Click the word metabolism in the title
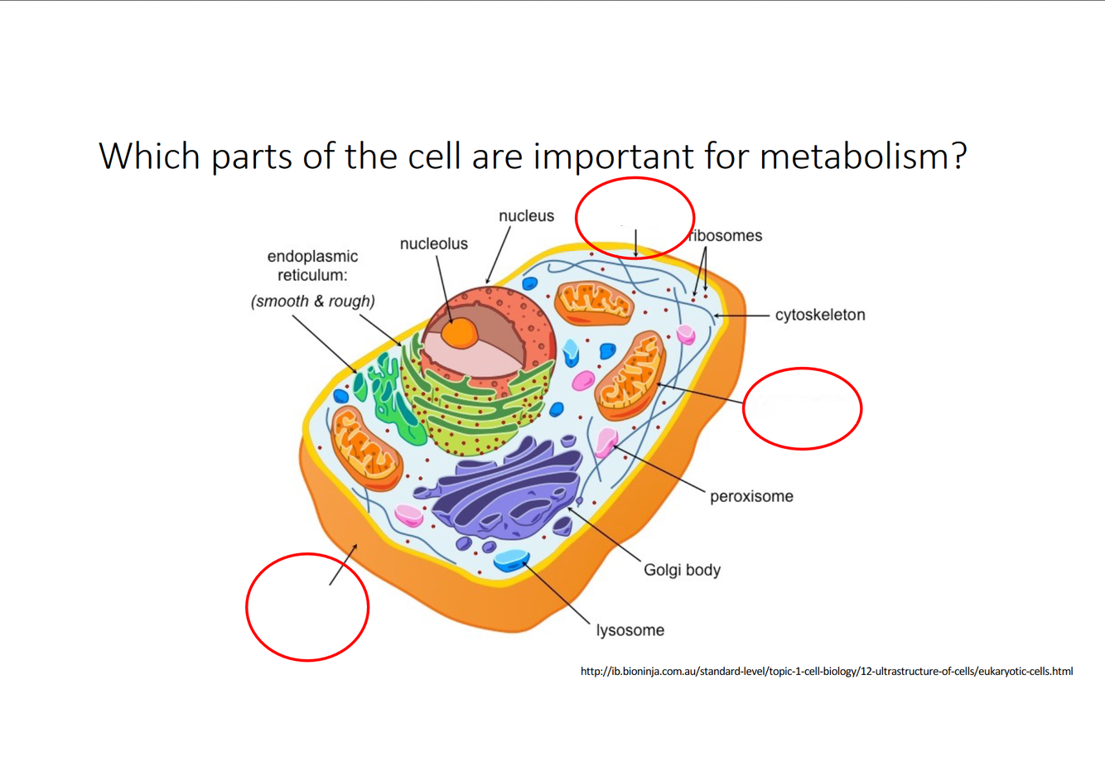click(x=862, y=156)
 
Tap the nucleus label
click(x=526, y=216)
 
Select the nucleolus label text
click(x=433, y=244)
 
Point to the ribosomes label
click(x=726, y=236)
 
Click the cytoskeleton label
click(x=819, y=316)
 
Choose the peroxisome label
click(x=751, y=497)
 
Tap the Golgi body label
click(x=682, y=571)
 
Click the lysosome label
click(x=630, y=631)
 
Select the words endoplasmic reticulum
click(x=312, y=266)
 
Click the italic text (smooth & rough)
click(x=312, y=301)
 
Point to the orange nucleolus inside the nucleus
click(x=459, y=333)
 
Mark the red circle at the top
click(x=635, y=218)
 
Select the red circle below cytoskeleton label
click(x=802, y=408)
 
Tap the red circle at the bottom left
click(x=307, y=607)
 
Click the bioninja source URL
click(x=826, y=672)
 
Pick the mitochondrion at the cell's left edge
click(x=365, y=448)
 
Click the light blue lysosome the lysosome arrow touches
click(x=511, y=561)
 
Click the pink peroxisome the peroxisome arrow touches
click(x=607, y=442)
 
